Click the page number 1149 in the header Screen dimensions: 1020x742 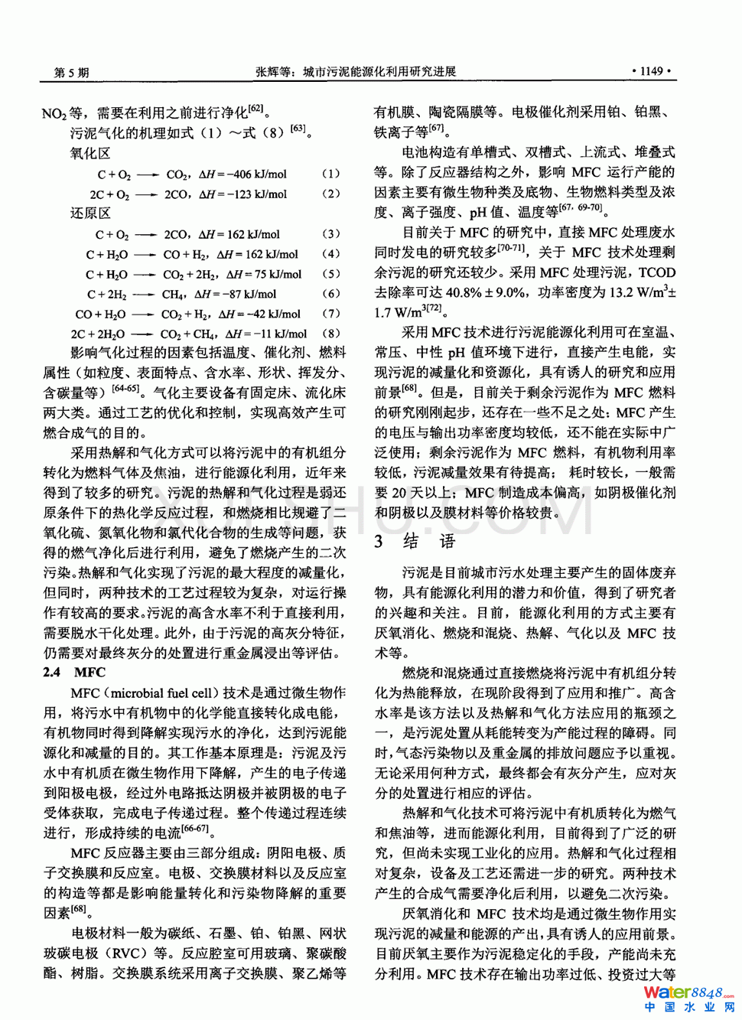pyautogui.click(x=651, y=71)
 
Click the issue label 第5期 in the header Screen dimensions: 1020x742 pyautogui.click(x=71, y=73)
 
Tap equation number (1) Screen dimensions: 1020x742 pyautogui.click(x=330, y=174)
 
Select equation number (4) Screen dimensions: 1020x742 pyautogui.click(x=330, y=253)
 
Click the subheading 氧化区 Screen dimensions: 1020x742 pyautogui.click(x=90, y=153)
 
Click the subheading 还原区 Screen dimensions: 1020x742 pyautogui.click(x=90, y=213)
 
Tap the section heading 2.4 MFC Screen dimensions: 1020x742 pyautogui.click(x=74, y=673)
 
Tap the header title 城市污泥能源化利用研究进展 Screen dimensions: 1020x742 pyautogui.click(x=379, y=72)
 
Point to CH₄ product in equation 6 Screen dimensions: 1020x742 pyautogui.click(x=172, y=294)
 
